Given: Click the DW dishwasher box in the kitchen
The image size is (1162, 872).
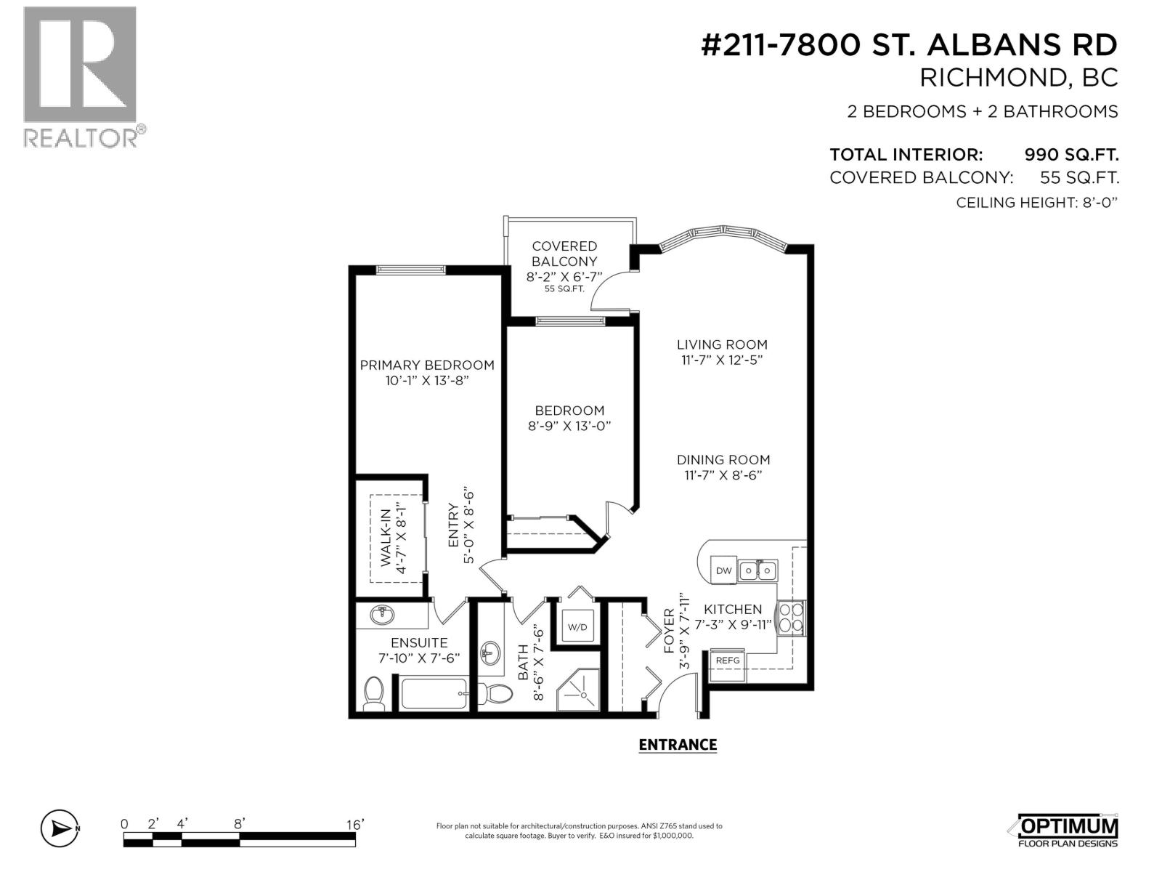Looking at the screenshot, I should click(723, 570).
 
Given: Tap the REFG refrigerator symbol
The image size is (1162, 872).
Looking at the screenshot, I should click(727, 661).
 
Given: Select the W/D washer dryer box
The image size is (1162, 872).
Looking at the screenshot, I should click(577, 626).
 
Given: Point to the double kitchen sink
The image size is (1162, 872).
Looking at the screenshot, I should click(757, 570).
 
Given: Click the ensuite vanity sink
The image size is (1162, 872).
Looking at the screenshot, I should click(382, 615).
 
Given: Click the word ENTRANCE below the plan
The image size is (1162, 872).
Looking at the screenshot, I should click(677, 745).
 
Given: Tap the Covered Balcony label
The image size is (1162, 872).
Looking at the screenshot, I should click(564, 254).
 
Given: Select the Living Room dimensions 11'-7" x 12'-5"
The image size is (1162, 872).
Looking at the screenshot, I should click(722, 360).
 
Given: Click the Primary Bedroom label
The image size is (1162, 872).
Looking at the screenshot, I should click(427, 365).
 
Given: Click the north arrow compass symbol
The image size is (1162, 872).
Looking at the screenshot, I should click(59, 828).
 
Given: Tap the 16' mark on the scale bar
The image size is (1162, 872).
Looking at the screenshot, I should click(354, 824).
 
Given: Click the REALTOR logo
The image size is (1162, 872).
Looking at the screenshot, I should click(81, 76).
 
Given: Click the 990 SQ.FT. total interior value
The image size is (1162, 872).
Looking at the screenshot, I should click(1070, 155).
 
